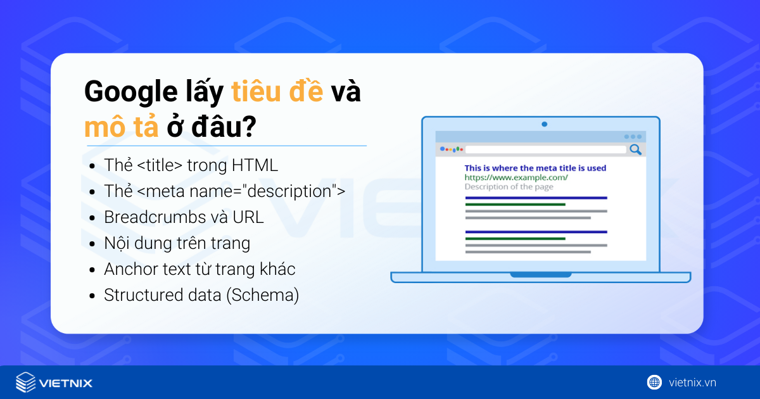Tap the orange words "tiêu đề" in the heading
point(277,92)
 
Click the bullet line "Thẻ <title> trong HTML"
point(191,166)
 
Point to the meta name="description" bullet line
point(224,191)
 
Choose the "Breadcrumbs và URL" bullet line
point(184,217)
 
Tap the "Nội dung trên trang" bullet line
point(177,243)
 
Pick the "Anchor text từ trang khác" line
point(199,269)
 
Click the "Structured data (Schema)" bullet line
point(201,295)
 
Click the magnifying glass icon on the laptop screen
point(635,150)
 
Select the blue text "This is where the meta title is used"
point(535,168)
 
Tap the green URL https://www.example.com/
point(516,177)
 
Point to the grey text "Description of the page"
point(509,187)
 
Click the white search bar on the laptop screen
point(545,150)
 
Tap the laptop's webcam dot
point(544,124)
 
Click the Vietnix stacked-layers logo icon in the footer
point(26,383)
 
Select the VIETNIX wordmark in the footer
point(65,383)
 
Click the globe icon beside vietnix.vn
point(654,382)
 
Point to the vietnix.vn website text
point(692,383)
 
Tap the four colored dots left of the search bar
point(452,150)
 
